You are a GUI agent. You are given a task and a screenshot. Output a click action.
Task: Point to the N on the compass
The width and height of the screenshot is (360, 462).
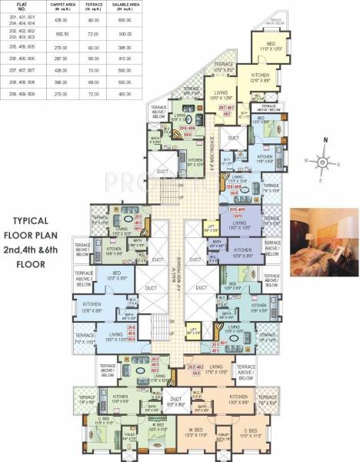(326, 140)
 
